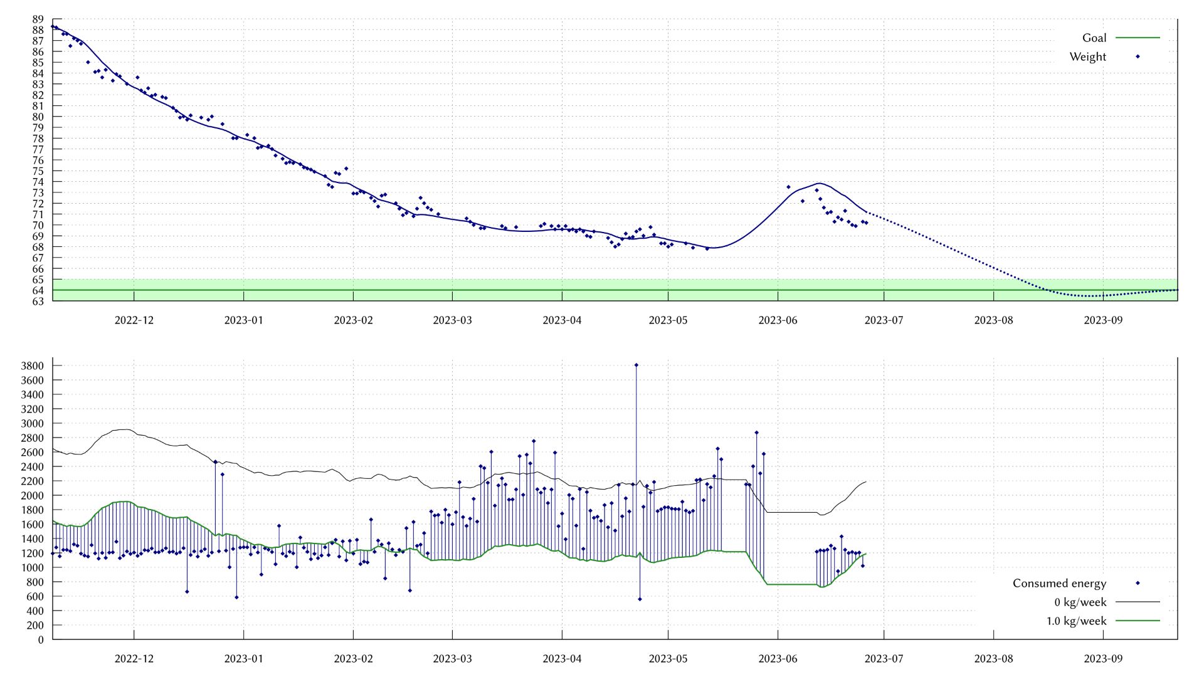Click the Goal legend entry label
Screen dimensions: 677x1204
pos(1094,38)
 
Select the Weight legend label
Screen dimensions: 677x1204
pos(1088,57)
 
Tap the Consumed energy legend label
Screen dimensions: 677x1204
pos(1059,584)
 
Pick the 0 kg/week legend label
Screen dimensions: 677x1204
pos(1080,602)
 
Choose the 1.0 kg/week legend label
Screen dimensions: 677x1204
pos(1076,621)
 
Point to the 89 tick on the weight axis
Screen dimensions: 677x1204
pos(38,19)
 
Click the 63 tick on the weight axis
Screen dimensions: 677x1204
pos(38,302)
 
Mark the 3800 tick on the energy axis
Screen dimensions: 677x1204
pos(32,366)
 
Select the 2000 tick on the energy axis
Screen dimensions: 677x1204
pos(32,496)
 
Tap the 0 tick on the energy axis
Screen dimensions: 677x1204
pos(41,640)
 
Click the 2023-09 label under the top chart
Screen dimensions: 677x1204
pos(1103,320)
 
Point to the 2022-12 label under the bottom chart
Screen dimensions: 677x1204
pos(134,659)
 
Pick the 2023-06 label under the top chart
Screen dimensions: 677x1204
pos(778,320)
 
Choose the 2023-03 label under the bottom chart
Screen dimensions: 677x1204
pos(452,659)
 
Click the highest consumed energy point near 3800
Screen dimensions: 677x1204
pos(636,365)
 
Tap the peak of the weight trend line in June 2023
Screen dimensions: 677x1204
pos(819,183)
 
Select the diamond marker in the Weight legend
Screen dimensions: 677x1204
pos(1138,57)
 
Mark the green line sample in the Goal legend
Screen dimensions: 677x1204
pos(1138,38)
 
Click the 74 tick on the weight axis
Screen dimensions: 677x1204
pos(38,182)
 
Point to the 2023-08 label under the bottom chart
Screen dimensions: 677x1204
pos(993,659)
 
